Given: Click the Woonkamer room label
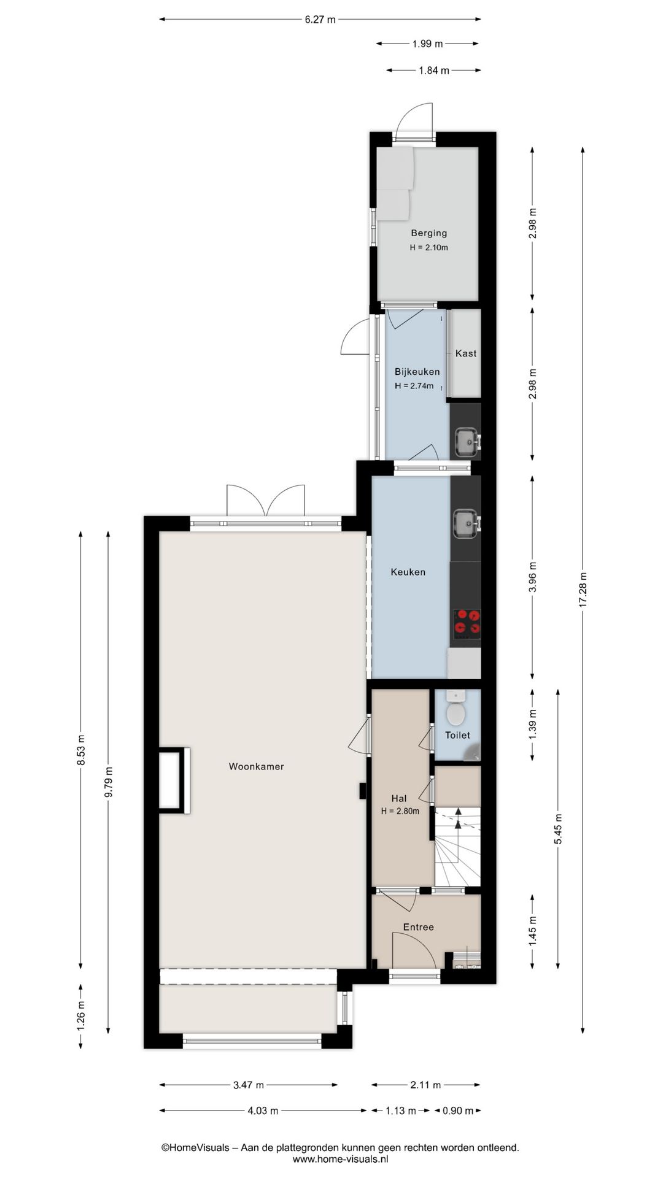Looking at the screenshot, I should coord(256,766).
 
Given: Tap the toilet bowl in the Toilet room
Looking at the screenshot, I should coord(456,713).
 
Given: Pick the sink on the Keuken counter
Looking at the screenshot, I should coord(466,524).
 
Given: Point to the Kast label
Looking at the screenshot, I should coord(466,353).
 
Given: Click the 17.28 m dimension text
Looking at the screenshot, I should coord(583,590).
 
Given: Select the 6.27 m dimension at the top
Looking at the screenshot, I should coord(320,20).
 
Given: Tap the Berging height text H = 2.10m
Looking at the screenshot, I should coord(429,248).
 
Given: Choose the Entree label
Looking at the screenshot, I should coord(418,927).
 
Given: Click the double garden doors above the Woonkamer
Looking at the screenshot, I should coord(266,501).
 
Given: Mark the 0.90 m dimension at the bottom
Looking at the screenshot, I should coord(458,1111).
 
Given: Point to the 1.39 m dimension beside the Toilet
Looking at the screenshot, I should coord(532,724).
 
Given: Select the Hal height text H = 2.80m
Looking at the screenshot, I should coord(400,811).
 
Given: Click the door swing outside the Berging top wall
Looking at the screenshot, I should coord(415,120).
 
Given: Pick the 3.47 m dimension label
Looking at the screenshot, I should coord(249,1085).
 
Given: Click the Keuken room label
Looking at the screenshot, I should coord(408,572).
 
